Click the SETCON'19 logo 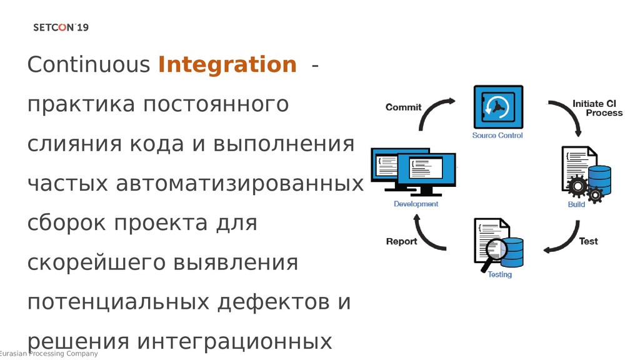tap(61, 27)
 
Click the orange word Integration tap(227, 64)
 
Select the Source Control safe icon tap(497, 107)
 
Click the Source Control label tap(497, 136)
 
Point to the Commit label tap(403, 107)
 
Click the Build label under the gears tap(576, 204)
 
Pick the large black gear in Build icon tap(576, 185)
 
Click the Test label tap(588, 241)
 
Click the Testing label tap(499, 274)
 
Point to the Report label tap(401, 241)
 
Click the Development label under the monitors tap(416, 204)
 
